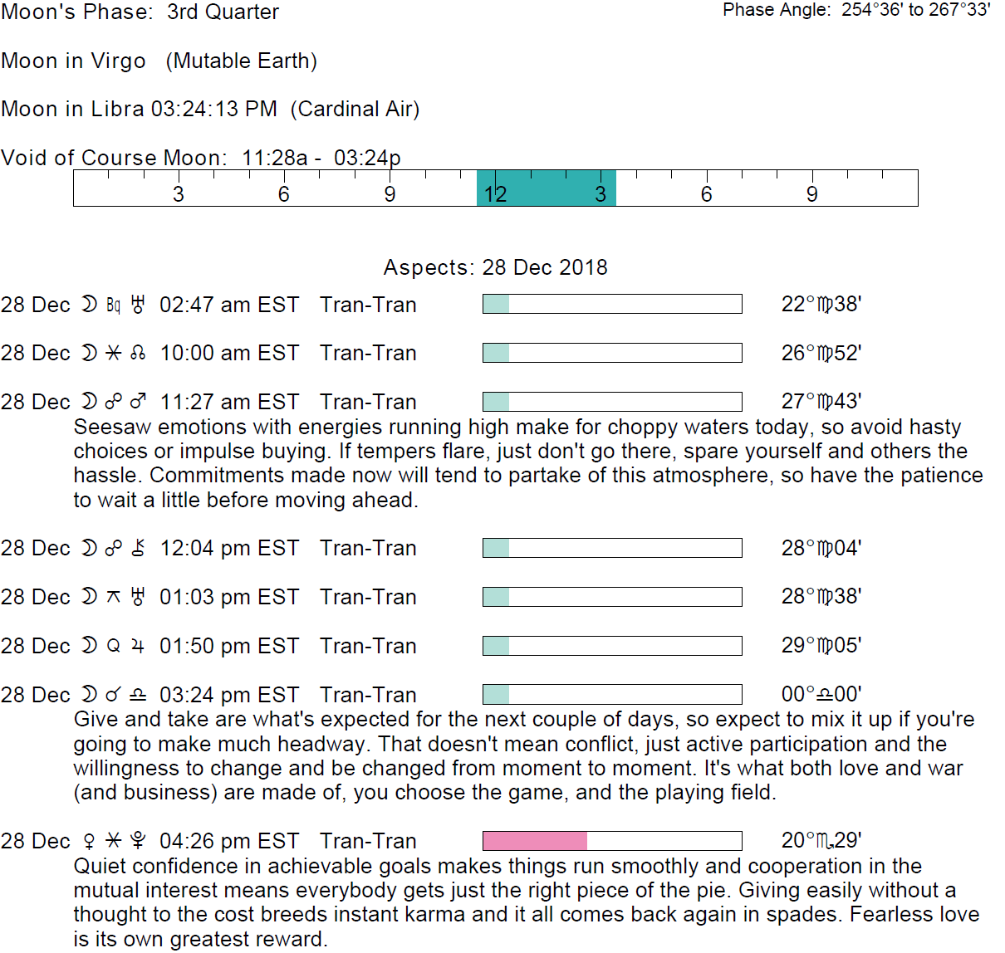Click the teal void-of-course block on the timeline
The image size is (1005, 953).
point(546,188)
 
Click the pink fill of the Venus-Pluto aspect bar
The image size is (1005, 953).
point(534,841)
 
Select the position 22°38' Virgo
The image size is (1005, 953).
point(821,305)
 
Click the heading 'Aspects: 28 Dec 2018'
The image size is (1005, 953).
point(495,267)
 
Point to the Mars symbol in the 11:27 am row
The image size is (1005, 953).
point(139,402)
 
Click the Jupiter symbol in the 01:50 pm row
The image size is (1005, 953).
point(138,646)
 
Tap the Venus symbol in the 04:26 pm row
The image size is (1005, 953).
point(90,841)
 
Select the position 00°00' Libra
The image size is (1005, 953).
point(821,694)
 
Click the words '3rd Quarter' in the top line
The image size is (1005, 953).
point(223,12)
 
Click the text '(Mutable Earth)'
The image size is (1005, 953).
point(241,61)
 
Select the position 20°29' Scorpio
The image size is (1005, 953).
point(821,841)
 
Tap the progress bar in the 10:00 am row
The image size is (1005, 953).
point(612,354)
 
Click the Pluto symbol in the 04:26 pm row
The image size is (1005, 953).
point(139,841)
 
